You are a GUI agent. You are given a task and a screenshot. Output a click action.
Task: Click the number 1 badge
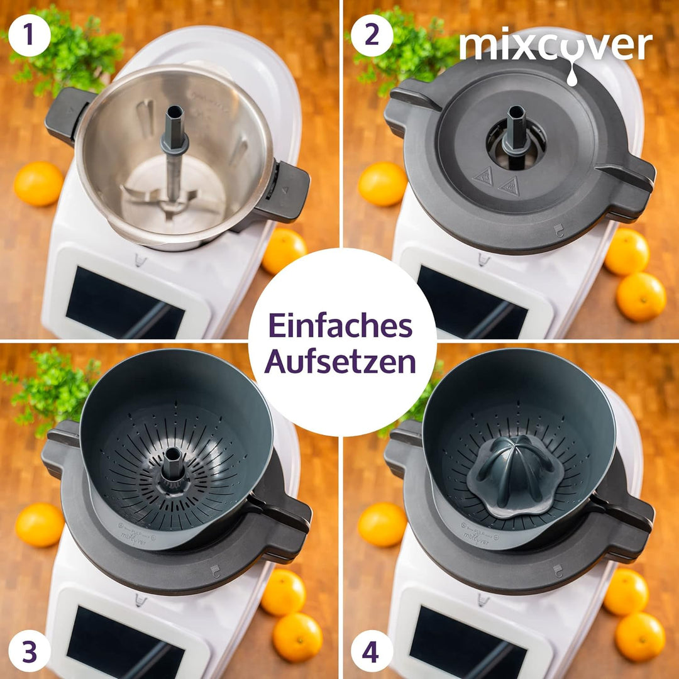[30, 35]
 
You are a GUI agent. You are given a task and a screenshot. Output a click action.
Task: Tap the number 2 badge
[372, 35]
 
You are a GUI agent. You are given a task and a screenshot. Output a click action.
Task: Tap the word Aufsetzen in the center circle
[340, 362]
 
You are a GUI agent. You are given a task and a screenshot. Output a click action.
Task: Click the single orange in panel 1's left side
[38, 183]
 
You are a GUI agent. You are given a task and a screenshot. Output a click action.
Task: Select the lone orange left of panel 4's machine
[382, 524]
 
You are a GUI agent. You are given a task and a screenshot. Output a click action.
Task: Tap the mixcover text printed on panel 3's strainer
[135, 536]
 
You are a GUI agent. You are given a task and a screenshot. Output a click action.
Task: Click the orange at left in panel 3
[39, 524]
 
